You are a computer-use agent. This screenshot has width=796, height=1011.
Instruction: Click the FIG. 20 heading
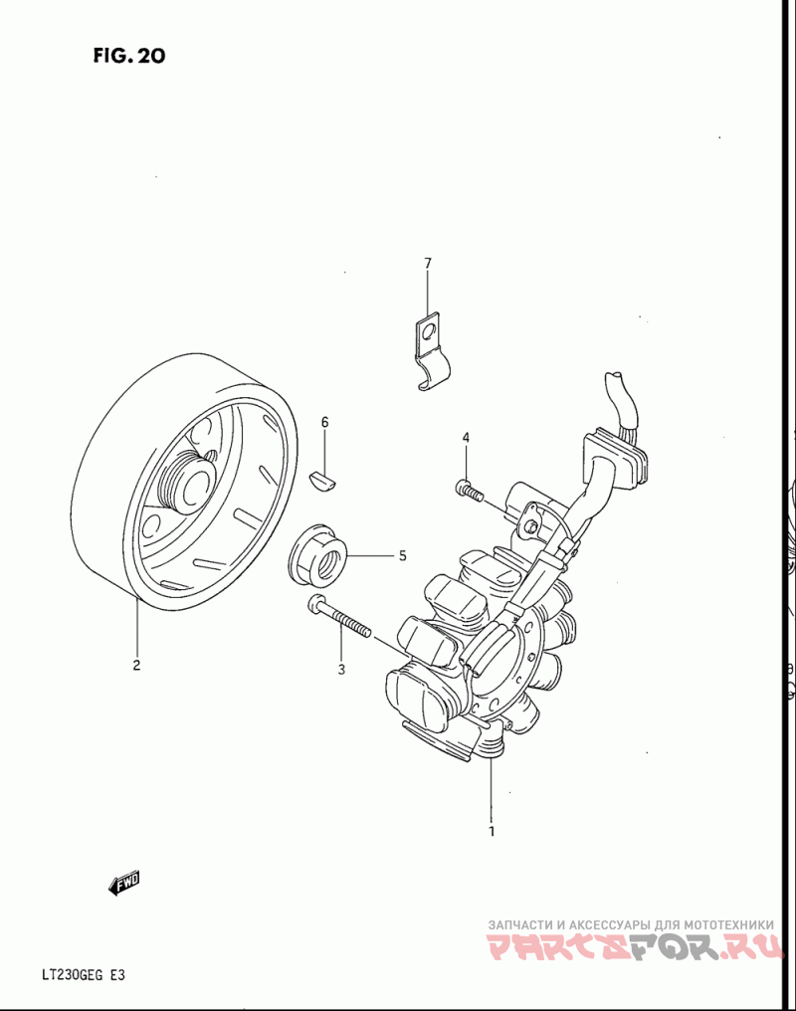(x=129, y=56)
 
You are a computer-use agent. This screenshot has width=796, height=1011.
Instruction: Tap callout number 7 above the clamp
(x=428, y=264)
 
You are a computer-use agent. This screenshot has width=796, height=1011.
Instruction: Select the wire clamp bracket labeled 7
(x=430, y=353)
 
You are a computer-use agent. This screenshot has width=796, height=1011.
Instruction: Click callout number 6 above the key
(x=324, y=423)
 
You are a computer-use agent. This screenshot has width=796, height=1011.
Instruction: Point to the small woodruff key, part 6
(x=325, y=480)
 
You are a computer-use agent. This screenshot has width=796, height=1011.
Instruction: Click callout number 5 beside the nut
(x=402, y=556)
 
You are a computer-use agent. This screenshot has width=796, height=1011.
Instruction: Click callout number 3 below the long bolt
(x=340, y=670)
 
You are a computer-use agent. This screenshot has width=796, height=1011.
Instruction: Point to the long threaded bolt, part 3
(x=339, y=616)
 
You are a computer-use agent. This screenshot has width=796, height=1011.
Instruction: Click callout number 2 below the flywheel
(x=136, y=666)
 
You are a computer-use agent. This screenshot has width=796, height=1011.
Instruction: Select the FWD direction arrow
(x=125, y=882)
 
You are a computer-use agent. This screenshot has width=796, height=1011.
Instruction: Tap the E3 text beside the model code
(x=117, y=975)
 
